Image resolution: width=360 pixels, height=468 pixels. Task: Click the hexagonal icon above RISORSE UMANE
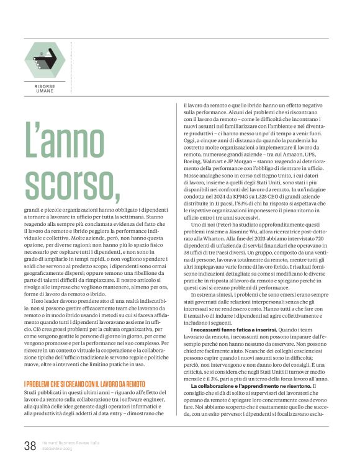click(x=44, y=58)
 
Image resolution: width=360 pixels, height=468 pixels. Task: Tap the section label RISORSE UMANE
click(x=44, y=91)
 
